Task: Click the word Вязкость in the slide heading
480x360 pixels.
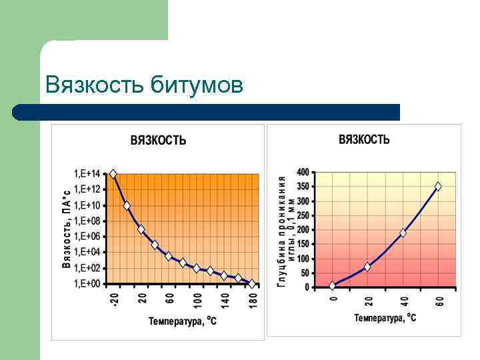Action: tap(95, 86)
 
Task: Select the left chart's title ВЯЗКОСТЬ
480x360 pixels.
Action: tap(158, 141)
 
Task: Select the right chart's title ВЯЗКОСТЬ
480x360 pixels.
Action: tap(364, 139)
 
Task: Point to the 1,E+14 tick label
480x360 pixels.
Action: tap(87, 174)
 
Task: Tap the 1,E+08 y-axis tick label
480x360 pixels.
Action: tap(87, 221)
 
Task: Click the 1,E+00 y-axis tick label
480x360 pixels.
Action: tap(87, 283)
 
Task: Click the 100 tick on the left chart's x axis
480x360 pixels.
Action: tap(197, 300)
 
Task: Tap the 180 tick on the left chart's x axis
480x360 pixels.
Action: tap(253, 300)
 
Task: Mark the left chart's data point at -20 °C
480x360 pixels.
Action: tap(113, 174)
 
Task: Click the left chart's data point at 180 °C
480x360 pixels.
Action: tap(252, 283)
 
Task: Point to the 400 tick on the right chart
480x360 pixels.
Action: tap(303, 172)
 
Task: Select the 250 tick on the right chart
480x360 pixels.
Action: tap(303, 215)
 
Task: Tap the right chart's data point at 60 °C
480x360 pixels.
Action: tap(438, 187)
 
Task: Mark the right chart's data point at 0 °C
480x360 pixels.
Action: tap(333, 285)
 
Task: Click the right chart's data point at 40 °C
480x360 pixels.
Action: tap(403, 233)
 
